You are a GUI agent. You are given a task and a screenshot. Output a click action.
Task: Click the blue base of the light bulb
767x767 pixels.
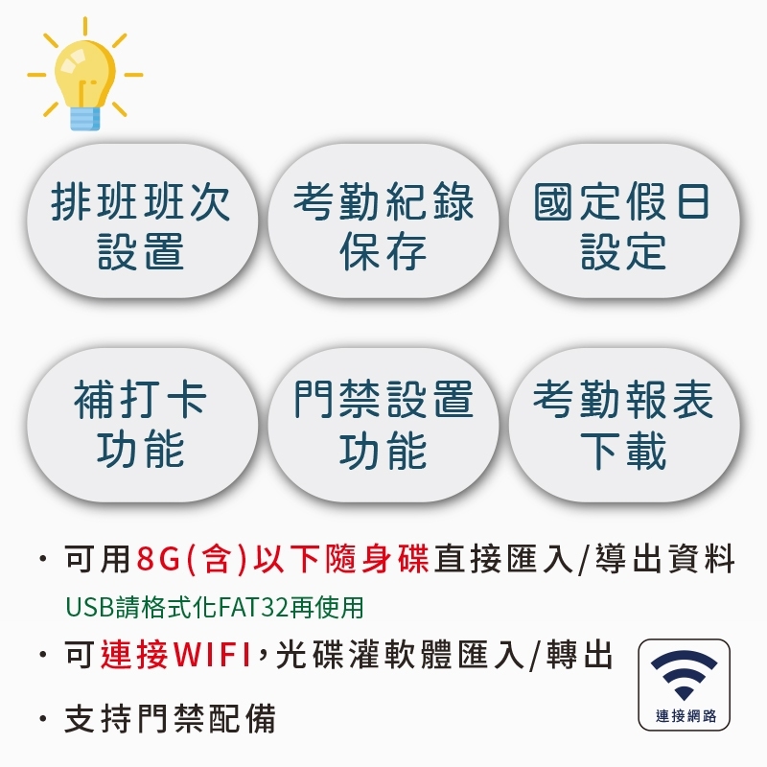(84, 118)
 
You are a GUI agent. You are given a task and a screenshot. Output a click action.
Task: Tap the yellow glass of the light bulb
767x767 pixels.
(84, 74)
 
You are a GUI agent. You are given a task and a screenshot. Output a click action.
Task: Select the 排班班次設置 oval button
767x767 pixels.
(142, 221)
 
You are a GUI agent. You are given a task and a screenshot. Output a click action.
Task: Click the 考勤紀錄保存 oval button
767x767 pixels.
(383, 221)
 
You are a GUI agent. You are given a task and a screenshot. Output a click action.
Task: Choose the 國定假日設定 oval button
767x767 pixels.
(624, 221)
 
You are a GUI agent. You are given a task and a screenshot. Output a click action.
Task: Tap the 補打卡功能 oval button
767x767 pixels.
(142, 425)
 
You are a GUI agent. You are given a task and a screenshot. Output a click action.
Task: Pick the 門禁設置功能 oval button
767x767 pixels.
(383, 425)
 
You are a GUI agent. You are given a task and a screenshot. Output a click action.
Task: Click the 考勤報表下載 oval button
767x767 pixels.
(624, 425)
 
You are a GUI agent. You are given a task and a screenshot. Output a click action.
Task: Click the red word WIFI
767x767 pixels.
(212, 655)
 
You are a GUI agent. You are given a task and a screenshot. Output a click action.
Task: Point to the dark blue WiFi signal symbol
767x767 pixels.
(684, 675)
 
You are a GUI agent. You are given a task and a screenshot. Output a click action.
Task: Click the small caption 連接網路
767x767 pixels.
(686, 715)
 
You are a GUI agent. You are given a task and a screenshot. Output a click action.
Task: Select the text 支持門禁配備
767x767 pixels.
(170, 718)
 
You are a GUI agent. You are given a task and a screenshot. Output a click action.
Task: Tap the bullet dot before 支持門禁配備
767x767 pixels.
(43, 718)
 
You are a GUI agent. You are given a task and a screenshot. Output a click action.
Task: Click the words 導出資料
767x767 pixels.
(664, 559)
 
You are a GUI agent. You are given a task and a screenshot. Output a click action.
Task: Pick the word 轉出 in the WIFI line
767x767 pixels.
(580, 655)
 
